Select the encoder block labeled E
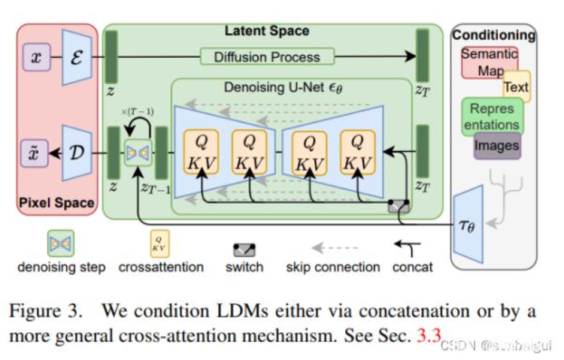pyautogui.click(x=78, y=56)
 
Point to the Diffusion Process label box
pyautogui.click(x=266, y=56)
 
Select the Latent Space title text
pyautogui.click(x=267, y=31)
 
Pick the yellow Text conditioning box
pyautogui.click(x=516, y=86)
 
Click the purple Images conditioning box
pyautogui.click(x=496, y=146)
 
